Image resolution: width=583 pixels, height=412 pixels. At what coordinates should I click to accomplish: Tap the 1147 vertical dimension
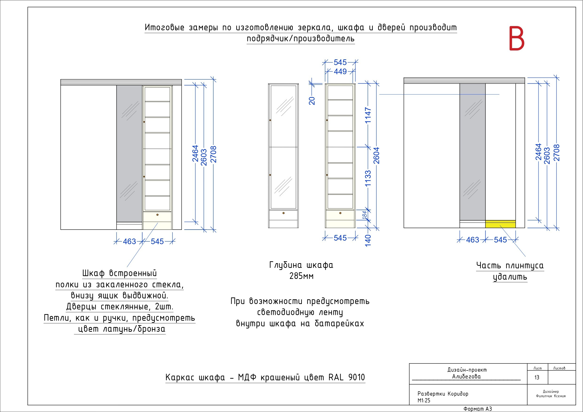tap(368, 116)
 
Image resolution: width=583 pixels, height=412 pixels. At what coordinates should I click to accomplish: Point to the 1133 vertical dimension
tap(368, 178)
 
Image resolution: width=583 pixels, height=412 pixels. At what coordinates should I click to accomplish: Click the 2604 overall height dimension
tap(376, 155)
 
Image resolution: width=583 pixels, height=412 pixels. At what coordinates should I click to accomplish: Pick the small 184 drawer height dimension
tap(365, 215)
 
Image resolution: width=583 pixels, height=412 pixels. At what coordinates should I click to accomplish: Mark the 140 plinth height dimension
tap(368, 240)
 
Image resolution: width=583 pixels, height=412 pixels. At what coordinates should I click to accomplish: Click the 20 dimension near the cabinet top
tap(312, 101)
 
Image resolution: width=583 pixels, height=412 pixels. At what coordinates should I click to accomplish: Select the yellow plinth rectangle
tap(500, 224)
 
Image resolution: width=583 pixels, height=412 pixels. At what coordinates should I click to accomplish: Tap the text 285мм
tap(301, 276)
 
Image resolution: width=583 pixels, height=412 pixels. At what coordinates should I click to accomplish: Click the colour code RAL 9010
tap(347, 377)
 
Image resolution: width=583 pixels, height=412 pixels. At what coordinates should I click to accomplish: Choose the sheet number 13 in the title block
tap(537, 377)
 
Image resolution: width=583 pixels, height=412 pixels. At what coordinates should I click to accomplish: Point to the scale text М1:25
tap(424, 400)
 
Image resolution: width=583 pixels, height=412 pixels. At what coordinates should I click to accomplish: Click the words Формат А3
tap(478, 409)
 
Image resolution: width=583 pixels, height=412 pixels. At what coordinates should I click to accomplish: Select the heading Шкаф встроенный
tap(119, 273)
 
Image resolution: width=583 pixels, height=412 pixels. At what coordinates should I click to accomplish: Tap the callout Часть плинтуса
tap(510, 266)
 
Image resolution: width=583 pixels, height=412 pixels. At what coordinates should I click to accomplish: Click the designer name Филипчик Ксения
tap(551, 396)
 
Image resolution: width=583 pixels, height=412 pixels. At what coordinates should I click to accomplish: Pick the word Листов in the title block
tap(559, 368)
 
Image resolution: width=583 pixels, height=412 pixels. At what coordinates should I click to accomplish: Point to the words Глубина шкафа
tap(301, 265)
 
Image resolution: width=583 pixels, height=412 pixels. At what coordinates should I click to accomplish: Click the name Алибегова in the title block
tap(466, 377)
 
